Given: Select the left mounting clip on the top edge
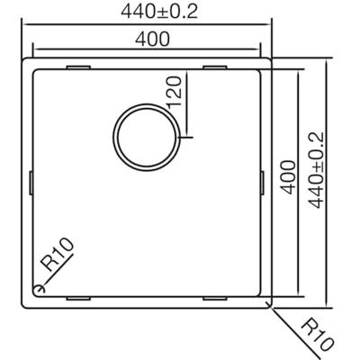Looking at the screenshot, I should pos(78,67).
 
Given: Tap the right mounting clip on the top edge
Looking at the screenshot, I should pos(217,67).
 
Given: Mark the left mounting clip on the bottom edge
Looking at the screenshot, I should pos(78,295).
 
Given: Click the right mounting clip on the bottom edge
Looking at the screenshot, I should pos(217,295).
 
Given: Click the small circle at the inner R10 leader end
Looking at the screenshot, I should pos(39,288).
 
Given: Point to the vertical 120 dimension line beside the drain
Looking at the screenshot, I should pos(190,99).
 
